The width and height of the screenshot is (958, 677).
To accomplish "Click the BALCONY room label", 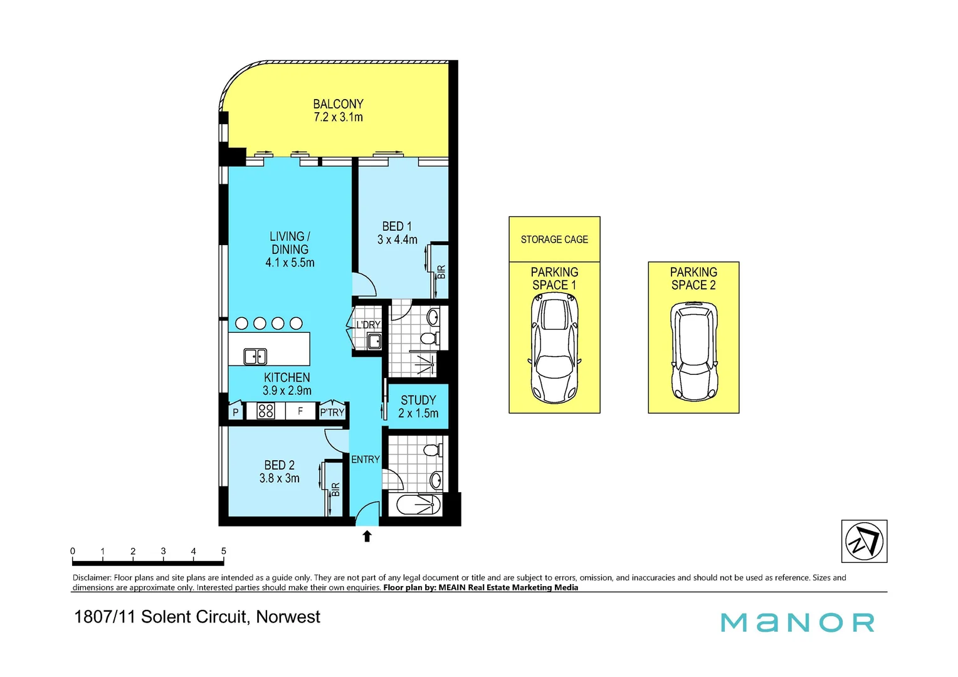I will (338, 104).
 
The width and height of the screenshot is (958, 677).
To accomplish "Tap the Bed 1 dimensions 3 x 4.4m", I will (397, 239).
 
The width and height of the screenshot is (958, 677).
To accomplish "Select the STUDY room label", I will (418, 400).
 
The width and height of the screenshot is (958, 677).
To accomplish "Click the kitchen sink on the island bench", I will (255, 356).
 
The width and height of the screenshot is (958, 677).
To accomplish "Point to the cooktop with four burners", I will (266, 411).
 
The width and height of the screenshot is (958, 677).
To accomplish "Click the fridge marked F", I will (300, 411).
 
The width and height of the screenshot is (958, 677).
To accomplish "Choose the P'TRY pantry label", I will (332, 412).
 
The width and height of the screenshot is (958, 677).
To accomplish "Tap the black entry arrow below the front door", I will (367, 536).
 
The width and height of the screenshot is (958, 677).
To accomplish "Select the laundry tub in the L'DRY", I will (374, 342).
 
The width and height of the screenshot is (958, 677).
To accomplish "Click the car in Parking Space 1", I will (554, 349).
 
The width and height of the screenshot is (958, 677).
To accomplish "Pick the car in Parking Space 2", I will (693, 352).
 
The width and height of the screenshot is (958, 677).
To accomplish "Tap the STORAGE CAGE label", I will (554, 239).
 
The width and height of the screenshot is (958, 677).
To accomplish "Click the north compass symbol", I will (864, 541).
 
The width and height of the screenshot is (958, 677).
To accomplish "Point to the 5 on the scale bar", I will (223, 551).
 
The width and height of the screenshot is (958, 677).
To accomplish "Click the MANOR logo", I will (797, 622).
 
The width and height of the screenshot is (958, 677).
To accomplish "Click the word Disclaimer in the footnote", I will (92, 577).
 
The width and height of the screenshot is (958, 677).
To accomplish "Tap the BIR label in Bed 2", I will (335, 490).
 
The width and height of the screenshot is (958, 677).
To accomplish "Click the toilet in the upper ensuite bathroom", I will (429, 338).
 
